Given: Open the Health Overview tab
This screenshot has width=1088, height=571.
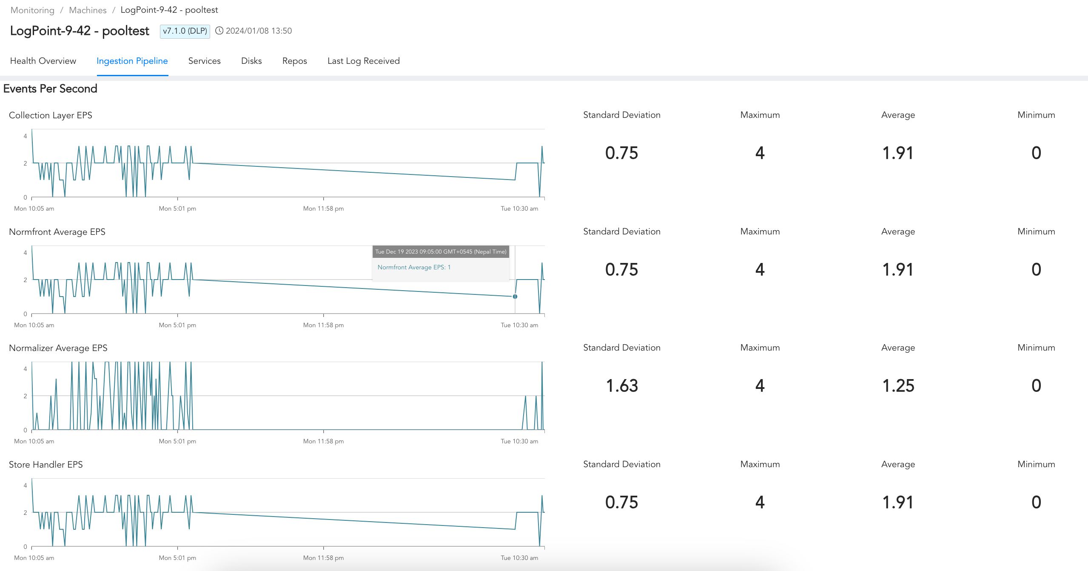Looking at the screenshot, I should click(43, 61).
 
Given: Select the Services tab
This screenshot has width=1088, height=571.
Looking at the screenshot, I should click(204, 61).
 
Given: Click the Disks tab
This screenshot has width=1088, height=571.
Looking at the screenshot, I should click(251, 61).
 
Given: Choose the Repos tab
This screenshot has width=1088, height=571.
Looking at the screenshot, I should click(294, 61).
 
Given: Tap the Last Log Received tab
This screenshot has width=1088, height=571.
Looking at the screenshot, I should click(363, 61).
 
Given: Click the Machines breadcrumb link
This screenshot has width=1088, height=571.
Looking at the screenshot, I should click(88, 10).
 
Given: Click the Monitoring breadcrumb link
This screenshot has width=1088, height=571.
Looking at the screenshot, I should click(32, 10).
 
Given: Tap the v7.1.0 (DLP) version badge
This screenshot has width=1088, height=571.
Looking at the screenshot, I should click(185, 31).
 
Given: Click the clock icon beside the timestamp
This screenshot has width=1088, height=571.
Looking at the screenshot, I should click(219, 31).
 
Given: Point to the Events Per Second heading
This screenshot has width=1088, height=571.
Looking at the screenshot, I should click(50, 89).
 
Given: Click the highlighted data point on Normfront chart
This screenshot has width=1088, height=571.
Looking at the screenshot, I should click(515, 297).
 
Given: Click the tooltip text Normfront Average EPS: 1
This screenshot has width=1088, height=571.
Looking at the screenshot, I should click(414, 267).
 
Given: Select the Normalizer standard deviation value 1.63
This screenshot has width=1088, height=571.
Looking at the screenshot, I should click(621, 386).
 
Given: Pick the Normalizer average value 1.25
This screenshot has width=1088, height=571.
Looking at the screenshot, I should click(898, 386).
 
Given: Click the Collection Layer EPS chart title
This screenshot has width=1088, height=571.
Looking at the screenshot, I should click(51, 115).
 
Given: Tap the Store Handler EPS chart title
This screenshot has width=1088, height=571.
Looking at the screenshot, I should click(46, 465).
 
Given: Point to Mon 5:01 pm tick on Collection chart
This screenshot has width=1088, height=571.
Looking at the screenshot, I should click(177, 208).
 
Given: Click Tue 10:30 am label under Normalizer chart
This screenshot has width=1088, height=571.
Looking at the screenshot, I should click(519, 441).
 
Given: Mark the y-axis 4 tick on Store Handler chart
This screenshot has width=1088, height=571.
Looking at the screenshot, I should click(26, 485).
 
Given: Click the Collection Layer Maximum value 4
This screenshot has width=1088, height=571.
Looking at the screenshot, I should click(760, 153).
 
